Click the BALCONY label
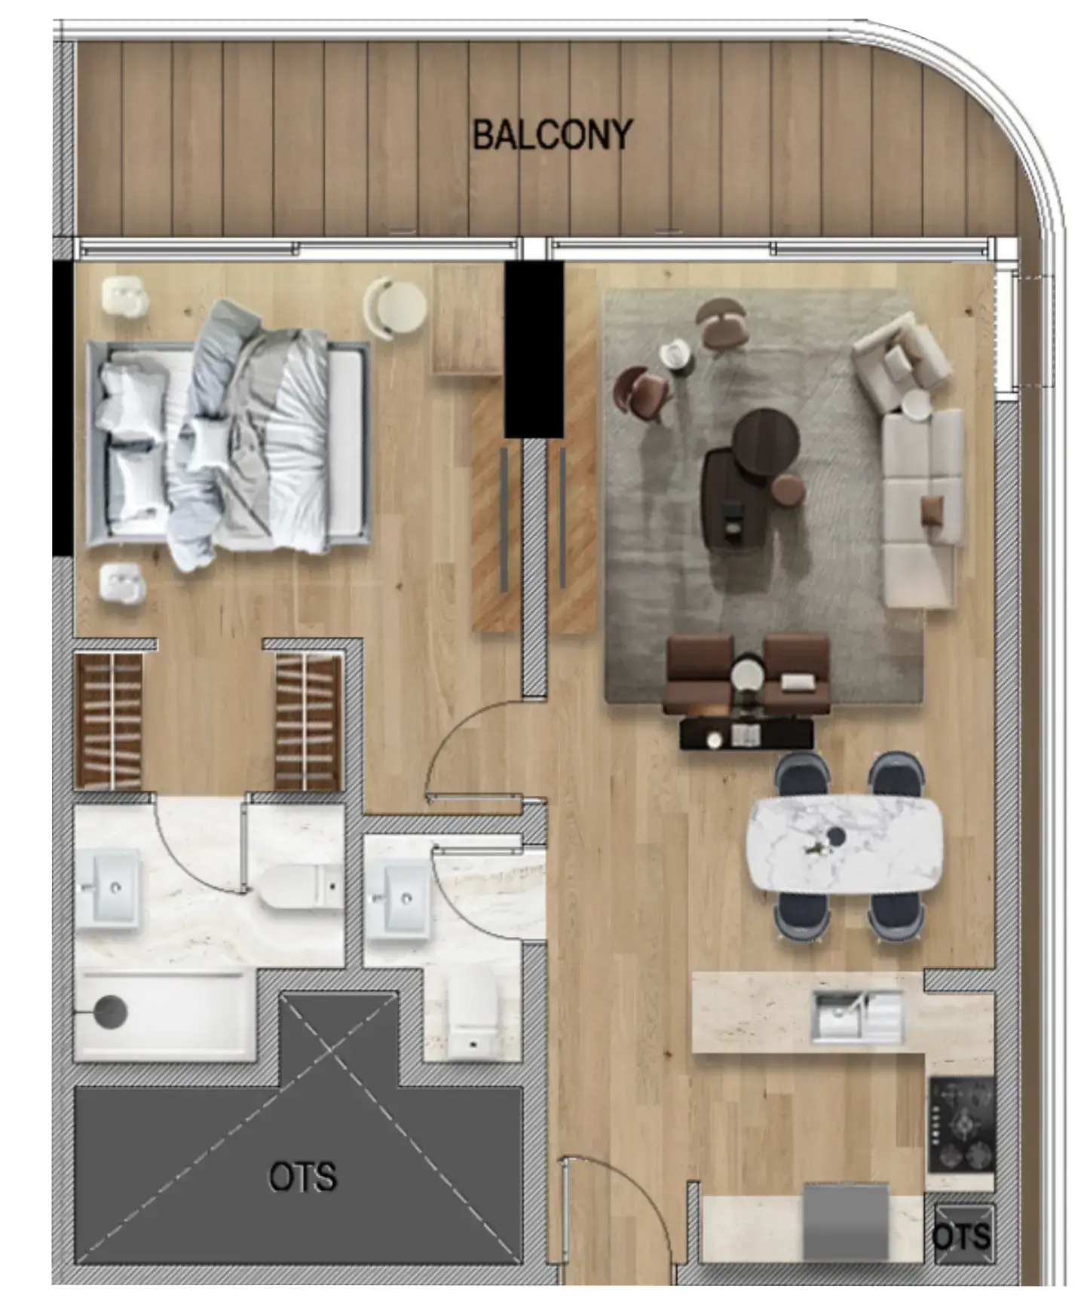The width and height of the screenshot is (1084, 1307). [552, 135]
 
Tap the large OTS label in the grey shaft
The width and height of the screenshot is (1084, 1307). [302, 1177]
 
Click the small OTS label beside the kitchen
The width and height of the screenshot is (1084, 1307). [961, 1236]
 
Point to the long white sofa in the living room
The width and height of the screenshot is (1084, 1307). [923, 509]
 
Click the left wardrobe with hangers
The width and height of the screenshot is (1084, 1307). [110, 721]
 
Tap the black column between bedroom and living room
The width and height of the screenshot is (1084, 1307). [533, 349]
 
